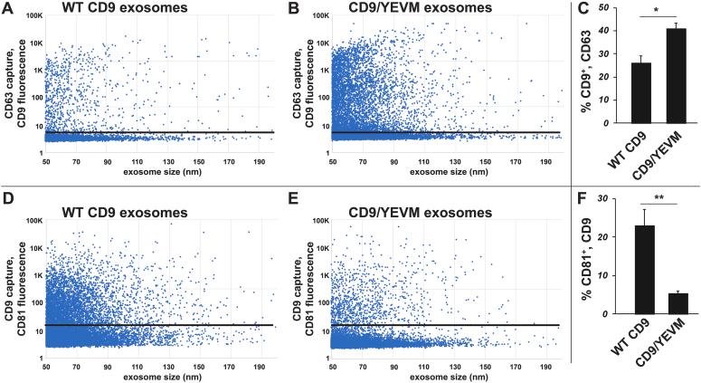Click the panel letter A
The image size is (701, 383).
coord(7,11)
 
